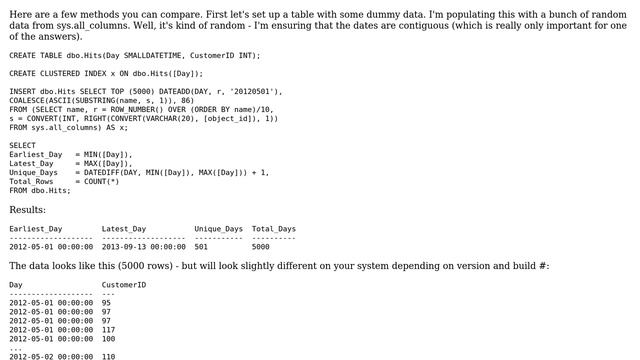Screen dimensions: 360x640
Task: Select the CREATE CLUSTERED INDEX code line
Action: [106, 73]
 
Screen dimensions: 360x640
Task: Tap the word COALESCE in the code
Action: [29, 100]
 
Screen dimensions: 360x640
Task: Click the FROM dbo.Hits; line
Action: [40, 190]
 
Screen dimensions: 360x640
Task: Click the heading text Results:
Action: [27, 210]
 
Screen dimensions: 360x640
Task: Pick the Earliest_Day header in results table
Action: [36, 228]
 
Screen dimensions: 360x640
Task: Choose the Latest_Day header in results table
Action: [124, 228]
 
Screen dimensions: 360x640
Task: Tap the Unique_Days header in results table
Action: [218, 228]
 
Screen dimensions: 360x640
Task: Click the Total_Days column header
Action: [273, 228]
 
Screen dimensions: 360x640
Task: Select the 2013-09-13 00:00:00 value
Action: [144, 246]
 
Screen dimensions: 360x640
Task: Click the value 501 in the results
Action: [201, 246]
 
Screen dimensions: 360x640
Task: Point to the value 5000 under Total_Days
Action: [260, 246]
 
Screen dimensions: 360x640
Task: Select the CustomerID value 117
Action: [108, 329]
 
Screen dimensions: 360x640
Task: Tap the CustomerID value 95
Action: [106, 302]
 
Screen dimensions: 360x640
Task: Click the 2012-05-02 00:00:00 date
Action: [51, 356]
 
